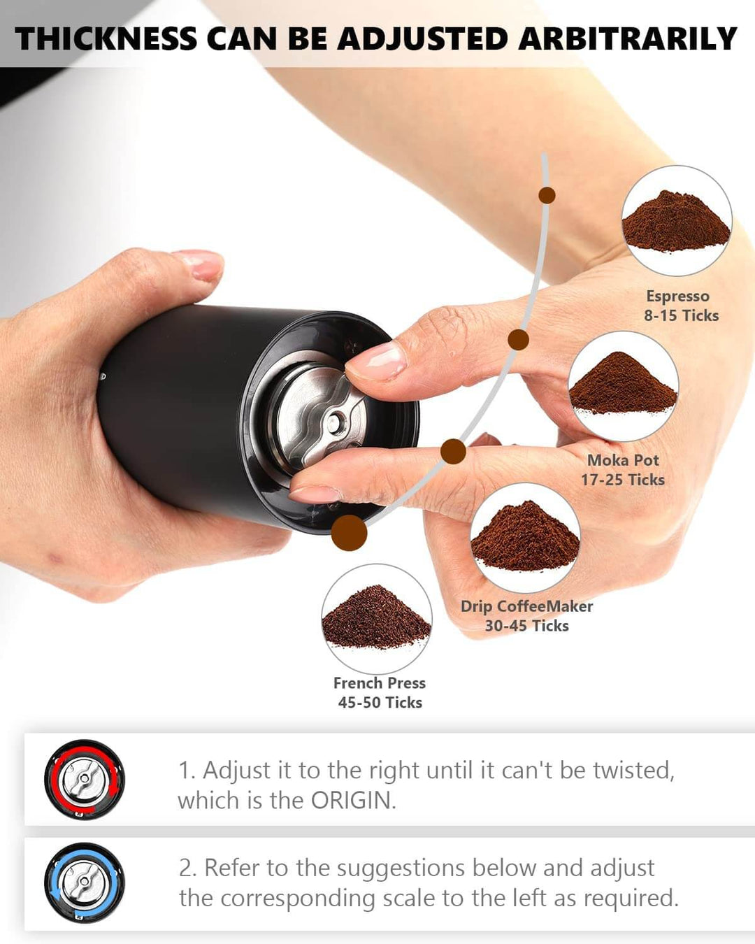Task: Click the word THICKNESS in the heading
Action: [106, 38]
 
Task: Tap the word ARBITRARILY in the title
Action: [627, 38]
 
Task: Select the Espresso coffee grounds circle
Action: [676, 220]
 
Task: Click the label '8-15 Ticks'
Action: [681, 315]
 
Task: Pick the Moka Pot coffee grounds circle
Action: [623, 386]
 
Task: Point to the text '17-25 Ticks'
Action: [622, 480]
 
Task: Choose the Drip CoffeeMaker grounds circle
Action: [525, 538]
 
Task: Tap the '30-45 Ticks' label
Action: [526, 626]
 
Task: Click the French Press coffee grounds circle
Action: [376, 619]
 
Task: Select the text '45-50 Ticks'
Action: [380, 703]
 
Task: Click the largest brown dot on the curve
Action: [349, 533]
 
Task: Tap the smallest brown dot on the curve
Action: [547, 195]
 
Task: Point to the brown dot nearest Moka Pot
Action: [518, 340]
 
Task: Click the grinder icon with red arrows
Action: [84, 780]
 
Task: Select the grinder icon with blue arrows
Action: [84, 882]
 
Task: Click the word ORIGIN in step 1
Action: [352, 801]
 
